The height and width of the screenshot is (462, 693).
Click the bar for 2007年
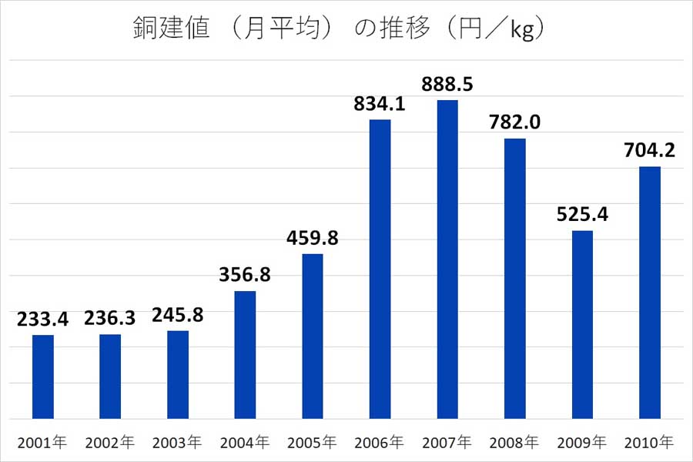coord(447,259)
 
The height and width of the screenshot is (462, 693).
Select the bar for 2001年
coord(43,377)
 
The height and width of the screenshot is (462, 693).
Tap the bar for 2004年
coord(245,355)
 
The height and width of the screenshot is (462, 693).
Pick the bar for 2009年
coord(583,324)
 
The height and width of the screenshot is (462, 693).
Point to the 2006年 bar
coord(380,269)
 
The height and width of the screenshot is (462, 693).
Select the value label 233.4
coord(43,319)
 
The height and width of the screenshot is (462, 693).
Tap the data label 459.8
coord(313,238)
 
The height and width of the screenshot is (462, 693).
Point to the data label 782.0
coord(515,122)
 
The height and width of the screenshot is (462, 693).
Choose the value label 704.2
coord(650,150)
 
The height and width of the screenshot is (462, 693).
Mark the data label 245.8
coord(178,315)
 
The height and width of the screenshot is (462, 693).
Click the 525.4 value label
coord(583,214)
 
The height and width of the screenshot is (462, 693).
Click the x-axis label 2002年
coord(110,443)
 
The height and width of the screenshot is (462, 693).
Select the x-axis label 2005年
coord(313,443)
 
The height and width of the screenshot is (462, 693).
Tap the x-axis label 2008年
coord(515,443)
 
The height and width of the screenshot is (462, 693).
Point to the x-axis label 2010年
coord(650,443)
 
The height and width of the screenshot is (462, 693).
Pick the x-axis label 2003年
coord(178,443)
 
